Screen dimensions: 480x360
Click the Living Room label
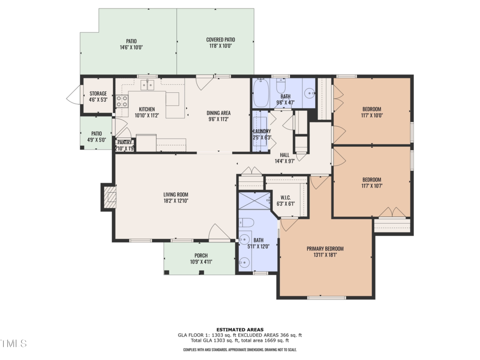176,195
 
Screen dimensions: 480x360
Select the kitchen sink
147,85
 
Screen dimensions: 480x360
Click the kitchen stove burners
122,101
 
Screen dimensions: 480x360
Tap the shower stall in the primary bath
255,201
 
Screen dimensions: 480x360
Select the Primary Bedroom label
325,248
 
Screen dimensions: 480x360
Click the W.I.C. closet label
285,197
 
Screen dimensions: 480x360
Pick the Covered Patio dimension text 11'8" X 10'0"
220,46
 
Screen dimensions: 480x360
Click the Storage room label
98,93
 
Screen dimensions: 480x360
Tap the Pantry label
125,142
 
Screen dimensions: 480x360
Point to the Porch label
201,255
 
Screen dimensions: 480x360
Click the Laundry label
262,131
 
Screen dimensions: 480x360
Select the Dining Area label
218,113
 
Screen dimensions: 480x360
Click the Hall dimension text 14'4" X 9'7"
285,161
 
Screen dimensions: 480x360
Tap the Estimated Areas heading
240,330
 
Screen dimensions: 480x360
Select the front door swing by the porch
219,232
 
